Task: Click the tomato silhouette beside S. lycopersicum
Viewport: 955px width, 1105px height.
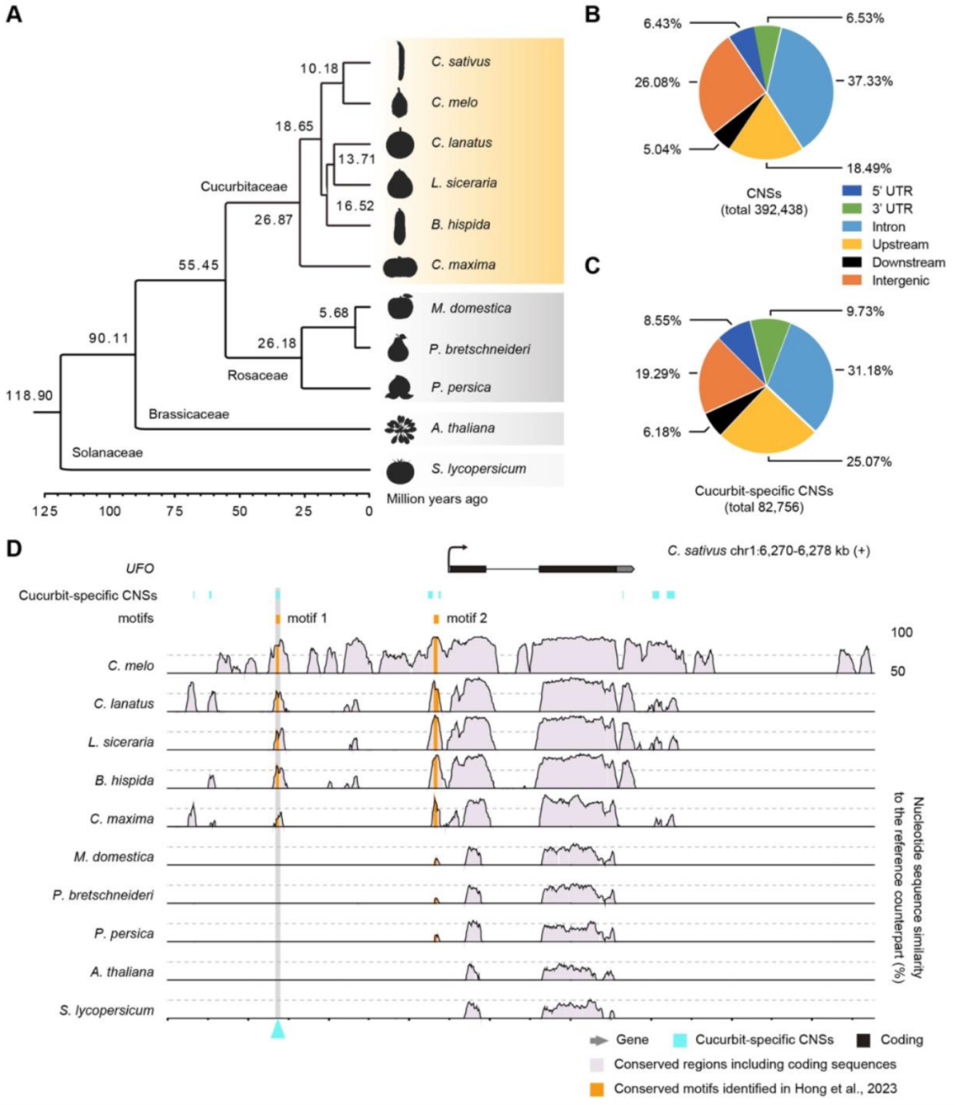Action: (400, 470)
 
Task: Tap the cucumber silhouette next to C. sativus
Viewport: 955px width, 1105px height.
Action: (400, 60)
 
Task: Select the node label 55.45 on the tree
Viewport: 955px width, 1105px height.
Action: (199, 265)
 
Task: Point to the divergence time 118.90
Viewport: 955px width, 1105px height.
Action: (29, 395)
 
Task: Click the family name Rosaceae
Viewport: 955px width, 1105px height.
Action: (257, 375)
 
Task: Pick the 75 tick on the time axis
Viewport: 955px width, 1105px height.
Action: (174, 511)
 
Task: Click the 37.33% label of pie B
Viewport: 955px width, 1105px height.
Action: (869, 81)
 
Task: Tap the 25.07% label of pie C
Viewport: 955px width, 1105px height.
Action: (868, 461)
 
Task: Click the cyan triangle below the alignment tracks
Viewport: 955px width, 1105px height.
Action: (278, 1029)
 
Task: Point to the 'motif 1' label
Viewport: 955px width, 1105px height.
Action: (307, 618)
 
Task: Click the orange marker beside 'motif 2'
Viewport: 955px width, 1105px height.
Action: (435, 619)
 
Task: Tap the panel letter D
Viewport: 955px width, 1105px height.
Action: (13, 548)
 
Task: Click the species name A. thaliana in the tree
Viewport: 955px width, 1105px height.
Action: (463, 427)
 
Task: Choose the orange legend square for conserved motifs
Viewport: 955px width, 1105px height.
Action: (596, 1089)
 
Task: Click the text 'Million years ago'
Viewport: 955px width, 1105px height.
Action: (437, 498)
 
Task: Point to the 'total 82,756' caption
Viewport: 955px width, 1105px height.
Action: (764, 507)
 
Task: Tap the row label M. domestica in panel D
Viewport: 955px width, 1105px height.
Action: (114, 857)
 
